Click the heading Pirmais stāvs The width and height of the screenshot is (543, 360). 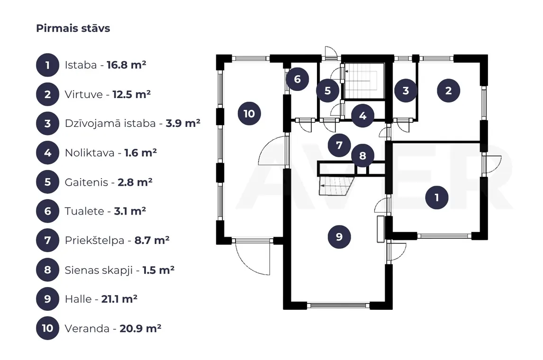click(x=73, y=28)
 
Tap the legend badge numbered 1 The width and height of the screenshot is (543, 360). click(x=48, y=65)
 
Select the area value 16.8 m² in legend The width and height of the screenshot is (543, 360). click(x=127, y=65)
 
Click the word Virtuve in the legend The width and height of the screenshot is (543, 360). click(x=84, y=95)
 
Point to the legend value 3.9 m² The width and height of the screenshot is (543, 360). click(x=183, y=124)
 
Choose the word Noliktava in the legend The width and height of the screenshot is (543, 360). click(x=90, y=153)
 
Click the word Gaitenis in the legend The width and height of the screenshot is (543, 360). click(x=87, y=182)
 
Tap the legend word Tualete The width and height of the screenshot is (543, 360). click(x=84, y=211)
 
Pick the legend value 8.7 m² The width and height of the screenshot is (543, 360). click(x=152, y=240)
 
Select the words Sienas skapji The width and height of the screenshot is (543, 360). click(x=99, y=270)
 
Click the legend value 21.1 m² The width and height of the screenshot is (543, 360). click(x=119, y=299)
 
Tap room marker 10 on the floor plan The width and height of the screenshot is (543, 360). click(x=249, y=114)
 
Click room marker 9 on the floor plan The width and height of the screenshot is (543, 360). click(x=339, y=237)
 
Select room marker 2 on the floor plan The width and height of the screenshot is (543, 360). click(x=448, y=90)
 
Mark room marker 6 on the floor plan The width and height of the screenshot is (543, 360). click(x=298, y=79)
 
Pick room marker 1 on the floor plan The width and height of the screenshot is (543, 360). click(x=437, y=198)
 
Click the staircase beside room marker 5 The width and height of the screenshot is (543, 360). click(x=363, y=81)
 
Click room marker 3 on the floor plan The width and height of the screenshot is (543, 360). click(x=406, y=90)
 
